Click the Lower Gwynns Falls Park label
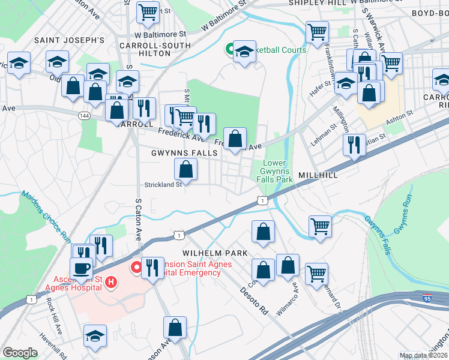(x=274, y=172)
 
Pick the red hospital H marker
(x=110, y=281)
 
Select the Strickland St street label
(x=163, y=185)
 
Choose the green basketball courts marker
(x=229, y=50)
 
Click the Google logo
(x=20, y=353)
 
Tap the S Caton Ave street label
(x=138, y=219)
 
